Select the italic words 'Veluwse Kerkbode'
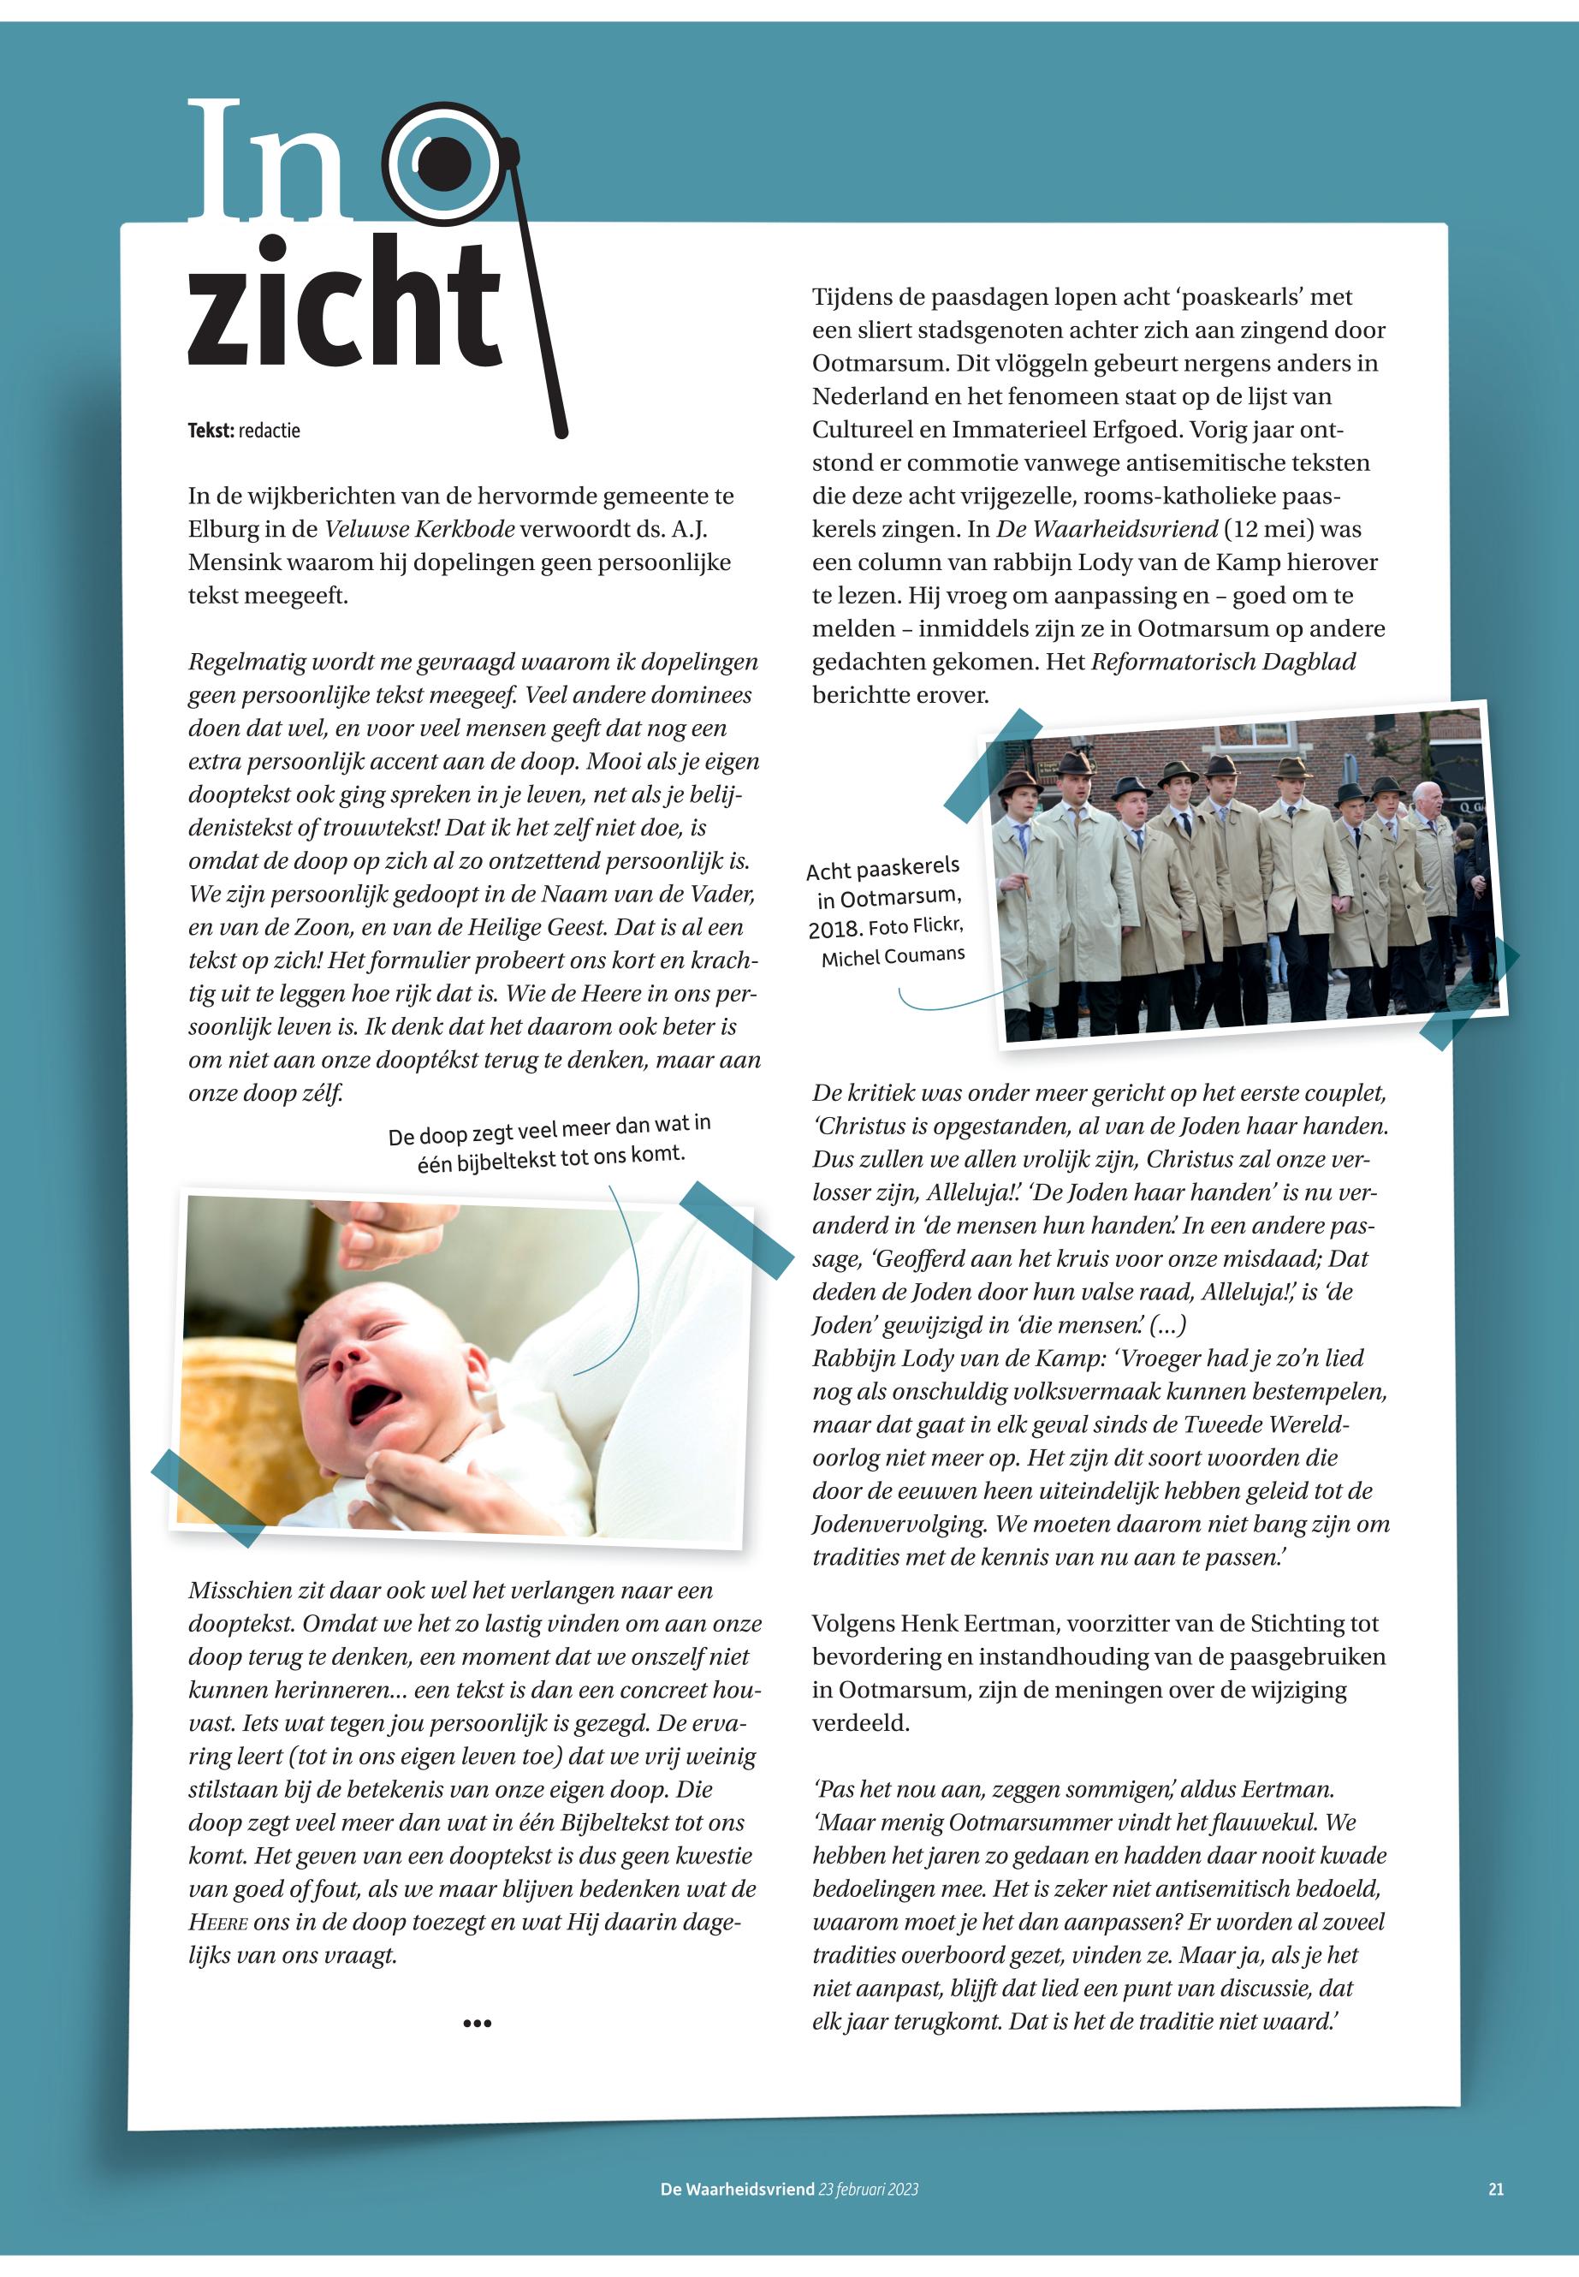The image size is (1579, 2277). point(419,529)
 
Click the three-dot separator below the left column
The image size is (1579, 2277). point(477,2024)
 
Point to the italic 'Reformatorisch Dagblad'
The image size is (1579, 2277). point(1223,661)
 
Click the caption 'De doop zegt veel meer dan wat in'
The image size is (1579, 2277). point(549,1132)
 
